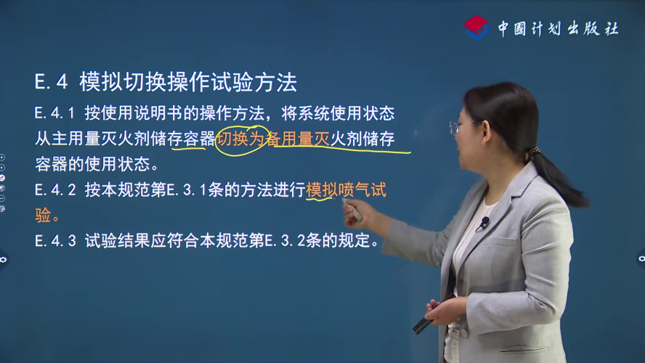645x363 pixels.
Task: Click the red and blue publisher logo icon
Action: point(476,27)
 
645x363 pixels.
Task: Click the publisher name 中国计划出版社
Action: point(559,28)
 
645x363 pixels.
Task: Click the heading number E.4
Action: point(51,82)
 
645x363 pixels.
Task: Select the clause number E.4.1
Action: point(54,113)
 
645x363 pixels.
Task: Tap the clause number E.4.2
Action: point(55,190)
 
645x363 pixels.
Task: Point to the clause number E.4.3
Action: point(55,241)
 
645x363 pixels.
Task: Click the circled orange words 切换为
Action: point(241,139)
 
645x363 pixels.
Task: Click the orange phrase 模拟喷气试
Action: point(346,190)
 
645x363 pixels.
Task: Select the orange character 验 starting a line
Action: point(43,216)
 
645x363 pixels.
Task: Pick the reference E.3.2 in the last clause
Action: point(285,241)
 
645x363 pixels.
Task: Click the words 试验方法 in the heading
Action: point(253,82)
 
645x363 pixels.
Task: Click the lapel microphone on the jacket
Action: point(484,222)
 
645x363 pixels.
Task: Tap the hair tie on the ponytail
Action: point(534,152)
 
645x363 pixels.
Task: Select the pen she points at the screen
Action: point(352,210)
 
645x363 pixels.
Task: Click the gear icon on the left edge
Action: point(4,259)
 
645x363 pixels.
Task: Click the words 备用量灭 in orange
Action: point(299,139)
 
